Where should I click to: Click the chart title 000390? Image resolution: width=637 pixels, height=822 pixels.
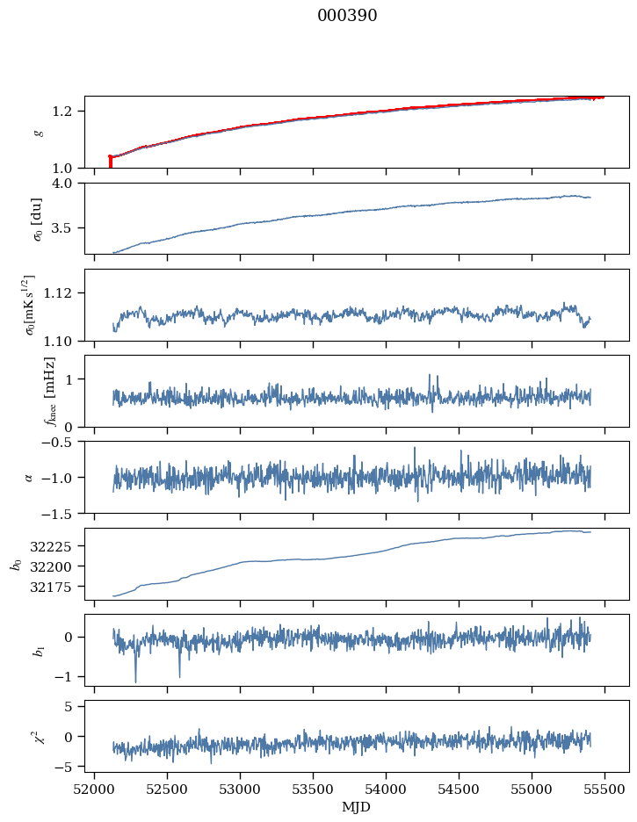pos(347,16)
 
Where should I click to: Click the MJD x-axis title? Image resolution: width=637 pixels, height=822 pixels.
pos(357,806)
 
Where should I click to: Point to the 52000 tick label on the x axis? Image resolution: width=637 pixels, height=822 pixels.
pos(94,789)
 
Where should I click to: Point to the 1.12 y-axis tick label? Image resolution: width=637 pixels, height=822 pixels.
pos(65,292)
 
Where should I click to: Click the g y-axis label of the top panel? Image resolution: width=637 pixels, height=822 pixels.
pos(38,132)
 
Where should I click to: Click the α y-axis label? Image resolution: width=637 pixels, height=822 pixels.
pos(29,477)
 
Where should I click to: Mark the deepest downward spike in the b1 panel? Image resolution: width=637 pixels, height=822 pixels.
pos(135,681)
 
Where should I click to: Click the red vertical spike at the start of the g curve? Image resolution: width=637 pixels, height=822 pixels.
pos(110,162)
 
